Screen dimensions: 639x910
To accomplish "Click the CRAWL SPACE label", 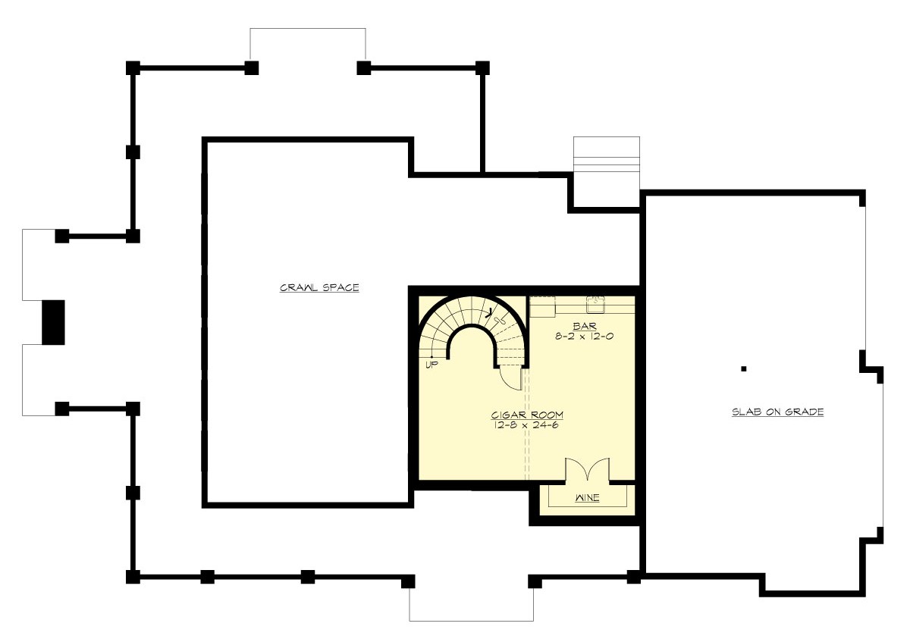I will pyautogui.click(x=319, y=288).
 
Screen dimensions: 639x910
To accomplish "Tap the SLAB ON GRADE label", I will pyautogui.click(x=777, y=412).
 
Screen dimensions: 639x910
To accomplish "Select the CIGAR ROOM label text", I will pyautogui.click(x=527, y=415).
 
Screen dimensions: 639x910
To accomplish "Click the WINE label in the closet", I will pyautogui.click(x=587, y=499).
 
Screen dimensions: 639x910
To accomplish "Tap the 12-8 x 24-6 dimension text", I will pyautogui.click(x=527, y=425).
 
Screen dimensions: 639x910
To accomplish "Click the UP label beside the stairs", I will pyautogui.click(x=432, y=365).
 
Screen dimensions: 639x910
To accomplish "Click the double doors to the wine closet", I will pyautogui.click(x=587, y=470).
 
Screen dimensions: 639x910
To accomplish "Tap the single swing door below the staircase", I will pyautogui.click(x=512, y=377).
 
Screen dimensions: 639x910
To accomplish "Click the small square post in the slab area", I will pyautogui.click(x=745, y=369).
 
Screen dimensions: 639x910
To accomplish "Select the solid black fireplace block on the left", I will pyautogui.click(x=53, y=323).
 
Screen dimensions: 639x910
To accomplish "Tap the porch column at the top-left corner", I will pyautogui.click(x=133, y=67).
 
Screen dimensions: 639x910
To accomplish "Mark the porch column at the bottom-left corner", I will pyautogui.click(x=133, y=577).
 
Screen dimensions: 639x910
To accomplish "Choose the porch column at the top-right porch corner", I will pyautogui.click(x=482, y=67).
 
